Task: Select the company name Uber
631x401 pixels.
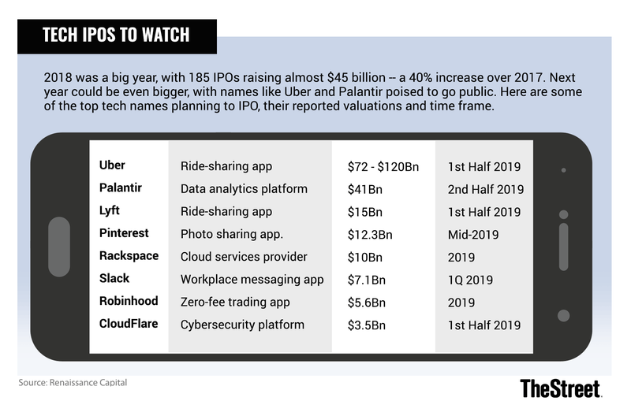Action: click(x=112, y=165)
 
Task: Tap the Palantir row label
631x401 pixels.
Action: click(x=122, y=188)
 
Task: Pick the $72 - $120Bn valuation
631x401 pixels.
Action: click(x=383, y=166)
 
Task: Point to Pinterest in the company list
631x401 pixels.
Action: click(x=125, y=234)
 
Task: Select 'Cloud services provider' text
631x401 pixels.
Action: click(x=244, y=257)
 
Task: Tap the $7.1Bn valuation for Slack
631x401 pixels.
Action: click(x=368, y=279)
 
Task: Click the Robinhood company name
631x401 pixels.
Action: click(x=129, y=301)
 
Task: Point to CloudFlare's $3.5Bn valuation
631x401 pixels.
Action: click(x=368, y=324)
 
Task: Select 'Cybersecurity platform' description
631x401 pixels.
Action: click(x=241, y=324)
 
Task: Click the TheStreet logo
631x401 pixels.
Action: click(x=561, y=386)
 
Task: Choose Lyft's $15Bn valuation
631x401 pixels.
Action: click(x=364, y=211)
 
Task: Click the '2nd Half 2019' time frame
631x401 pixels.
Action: click(x=485, y=189)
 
